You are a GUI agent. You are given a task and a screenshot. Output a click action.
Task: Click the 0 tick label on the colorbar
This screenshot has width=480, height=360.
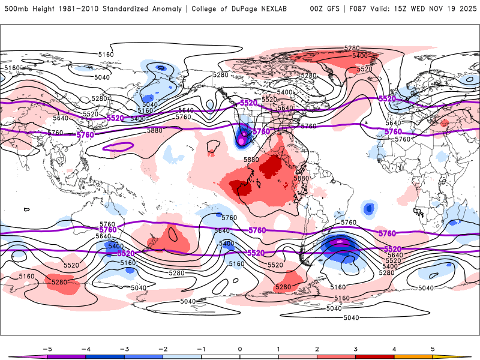coord(240,348)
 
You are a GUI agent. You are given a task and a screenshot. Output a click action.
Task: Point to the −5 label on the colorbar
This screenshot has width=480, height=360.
coord(47,348)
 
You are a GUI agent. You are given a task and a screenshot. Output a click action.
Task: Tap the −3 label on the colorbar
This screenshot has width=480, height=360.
coord(124,348)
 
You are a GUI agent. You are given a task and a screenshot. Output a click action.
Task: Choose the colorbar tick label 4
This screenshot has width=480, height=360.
coord(394,348)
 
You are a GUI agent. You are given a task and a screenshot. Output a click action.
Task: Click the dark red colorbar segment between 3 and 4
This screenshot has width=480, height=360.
coord(375,356)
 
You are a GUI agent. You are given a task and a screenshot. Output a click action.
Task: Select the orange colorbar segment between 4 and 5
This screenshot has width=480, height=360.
coord(413,356)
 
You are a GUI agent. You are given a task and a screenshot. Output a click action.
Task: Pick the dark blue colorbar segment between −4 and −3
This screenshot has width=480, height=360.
coord(105,356)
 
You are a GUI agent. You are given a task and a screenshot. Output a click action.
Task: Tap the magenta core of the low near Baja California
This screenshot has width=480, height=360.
coord(242,140)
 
